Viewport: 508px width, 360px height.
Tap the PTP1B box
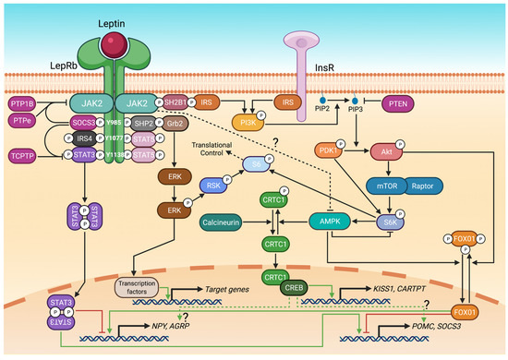(21, 106)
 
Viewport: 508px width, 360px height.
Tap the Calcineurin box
(228, 222)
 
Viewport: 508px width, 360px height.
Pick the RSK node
(211, 186)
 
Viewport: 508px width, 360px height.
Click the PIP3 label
(372, 108)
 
